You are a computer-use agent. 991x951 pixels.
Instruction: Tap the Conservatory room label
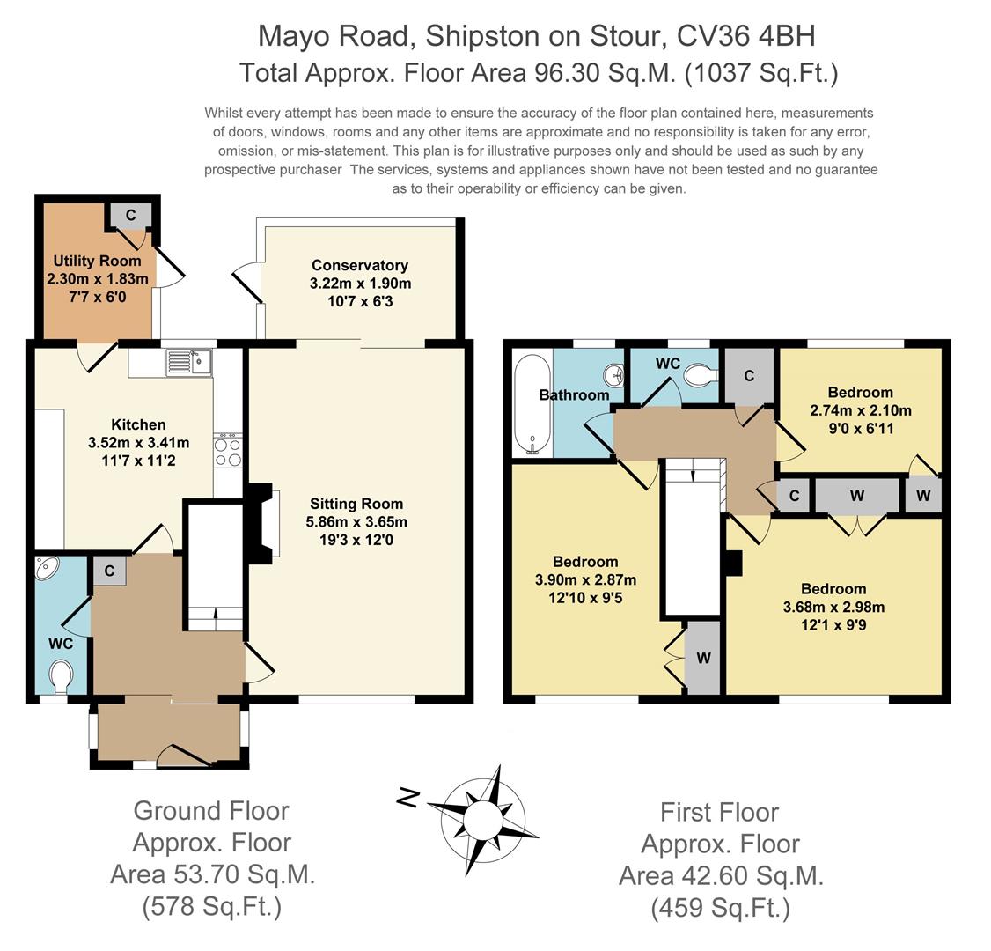[360, 265]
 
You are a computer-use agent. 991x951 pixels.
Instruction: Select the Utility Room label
[97, 261]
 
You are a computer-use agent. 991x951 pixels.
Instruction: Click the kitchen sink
[189, 362]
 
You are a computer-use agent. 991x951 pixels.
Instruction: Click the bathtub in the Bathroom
[532, 405]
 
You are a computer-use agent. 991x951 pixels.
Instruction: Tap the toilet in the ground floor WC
[61, 676]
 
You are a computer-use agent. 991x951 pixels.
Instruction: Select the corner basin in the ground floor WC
[46, 568]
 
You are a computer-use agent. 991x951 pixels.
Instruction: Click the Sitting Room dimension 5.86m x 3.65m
[356, 521]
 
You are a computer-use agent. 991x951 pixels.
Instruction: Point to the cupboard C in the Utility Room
[131, 216]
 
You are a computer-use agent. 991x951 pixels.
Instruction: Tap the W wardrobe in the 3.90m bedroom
[703, 658]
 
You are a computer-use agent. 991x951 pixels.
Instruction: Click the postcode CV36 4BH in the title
[745, 36]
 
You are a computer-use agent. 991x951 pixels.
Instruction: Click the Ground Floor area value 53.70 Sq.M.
[212, 874]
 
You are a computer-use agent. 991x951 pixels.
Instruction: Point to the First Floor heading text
[719, 812]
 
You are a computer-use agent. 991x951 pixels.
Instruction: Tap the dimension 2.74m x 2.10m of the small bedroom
[861, 410]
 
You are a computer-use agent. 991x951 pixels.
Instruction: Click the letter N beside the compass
[409, 798]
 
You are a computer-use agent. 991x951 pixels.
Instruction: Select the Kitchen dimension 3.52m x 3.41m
[138, 443]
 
